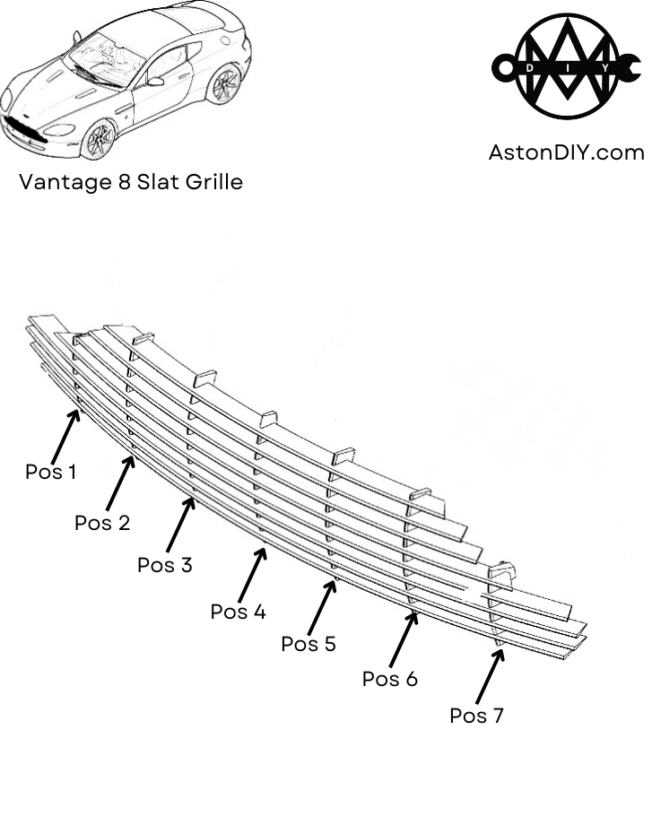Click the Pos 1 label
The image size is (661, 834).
click(x=51, y=472)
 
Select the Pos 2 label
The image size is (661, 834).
click(x=102, y=522)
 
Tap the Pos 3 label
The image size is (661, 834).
click(x=164, y=565)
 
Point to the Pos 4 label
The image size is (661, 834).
click(x=238, y=612)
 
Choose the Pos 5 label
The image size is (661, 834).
click(x=309, y=644)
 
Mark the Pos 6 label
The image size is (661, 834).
click(x=389, y=679)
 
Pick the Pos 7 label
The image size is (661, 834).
click(x=476, y=716)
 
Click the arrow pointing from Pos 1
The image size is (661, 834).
click(x=65, y=434)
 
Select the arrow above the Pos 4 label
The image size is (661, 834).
click(x=253, y=575)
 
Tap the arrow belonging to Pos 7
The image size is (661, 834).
click(x=490, y=676)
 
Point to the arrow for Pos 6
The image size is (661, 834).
click(x=404, y=639)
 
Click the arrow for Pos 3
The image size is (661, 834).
click(x=180, y=525)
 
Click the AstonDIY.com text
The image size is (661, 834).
click(x=566, y=152)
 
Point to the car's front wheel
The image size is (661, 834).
click(x=98, y=139)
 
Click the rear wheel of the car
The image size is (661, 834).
click(x=222, y=83)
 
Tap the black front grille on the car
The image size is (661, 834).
click(x=22, y=129)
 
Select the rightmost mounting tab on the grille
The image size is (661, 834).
click(x=502, y=571)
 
